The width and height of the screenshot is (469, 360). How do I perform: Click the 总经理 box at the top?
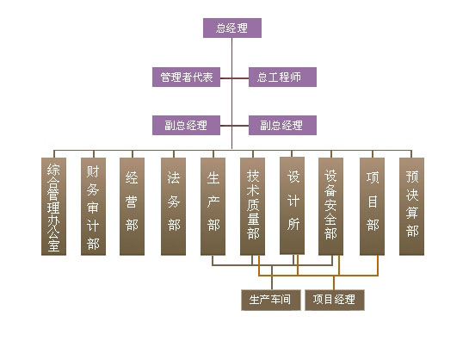click(x=232, y=28)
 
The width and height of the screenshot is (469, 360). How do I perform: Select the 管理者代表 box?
click(x=187, y=77)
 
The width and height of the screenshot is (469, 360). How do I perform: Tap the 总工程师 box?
click(x=282, y=77)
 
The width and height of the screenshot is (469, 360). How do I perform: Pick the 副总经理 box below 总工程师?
click(x=282, y=125)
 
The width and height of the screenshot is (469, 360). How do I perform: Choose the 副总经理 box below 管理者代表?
click(x=187, y=125)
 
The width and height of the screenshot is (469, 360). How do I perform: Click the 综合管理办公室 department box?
click(x=54, y=207)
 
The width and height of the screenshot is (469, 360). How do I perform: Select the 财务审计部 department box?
click(x=93, y=207)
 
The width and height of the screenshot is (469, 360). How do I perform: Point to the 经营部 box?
click(x=132, y=207)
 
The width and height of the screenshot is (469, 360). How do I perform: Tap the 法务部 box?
click(x=174, y=207)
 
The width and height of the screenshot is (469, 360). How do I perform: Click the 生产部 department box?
click(x=213, y=207)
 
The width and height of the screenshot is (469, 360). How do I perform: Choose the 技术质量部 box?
click(x=252, y=207)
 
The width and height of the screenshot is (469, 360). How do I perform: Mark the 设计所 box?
click(x=293, y=206)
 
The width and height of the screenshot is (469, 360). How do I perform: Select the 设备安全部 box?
click(x=330, y=207)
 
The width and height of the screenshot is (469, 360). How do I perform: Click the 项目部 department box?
click(x=372, y=207)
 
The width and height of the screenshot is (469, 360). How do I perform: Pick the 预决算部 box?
click(x=412, y=207)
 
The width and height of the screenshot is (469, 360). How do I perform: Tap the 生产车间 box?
click(x=271, y=300)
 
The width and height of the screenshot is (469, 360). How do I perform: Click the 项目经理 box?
click(x=335, y=300)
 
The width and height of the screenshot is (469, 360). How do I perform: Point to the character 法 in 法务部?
click(x=174, y=177)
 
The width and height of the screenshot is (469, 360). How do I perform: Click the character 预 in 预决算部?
click(x=412, y=177)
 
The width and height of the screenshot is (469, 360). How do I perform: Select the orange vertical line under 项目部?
click(x=378, y=265)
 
